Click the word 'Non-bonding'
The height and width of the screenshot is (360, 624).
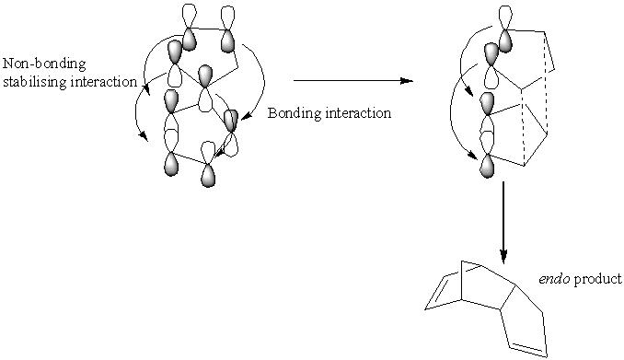coord(44,64)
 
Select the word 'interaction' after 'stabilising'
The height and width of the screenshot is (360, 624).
coord(104,82)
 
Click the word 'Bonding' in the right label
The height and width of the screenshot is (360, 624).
coord(295,113)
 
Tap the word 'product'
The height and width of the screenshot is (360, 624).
coord(597,280)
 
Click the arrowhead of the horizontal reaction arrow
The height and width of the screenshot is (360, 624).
coord(407,81)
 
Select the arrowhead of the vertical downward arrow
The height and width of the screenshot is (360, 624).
coord(503,257)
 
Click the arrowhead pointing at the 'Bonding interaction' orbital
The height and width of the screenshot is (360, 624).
coord(247,116)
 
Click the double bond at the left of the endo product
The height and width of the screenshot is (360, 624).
coord(437,290)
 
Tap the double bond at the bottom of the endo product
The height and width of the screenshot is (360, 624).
coord(528,348)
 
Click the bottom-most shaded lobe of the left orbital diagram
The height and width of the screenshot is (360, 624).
coord(208,176)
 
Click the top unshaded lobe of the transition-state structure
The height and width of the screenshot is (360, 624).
coord(505,17)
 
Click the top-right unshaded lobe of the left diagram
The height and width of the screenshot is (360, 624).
coord(227,17)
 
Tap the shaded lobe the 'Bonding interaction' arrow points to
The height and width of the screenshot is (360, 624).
coord(231,121)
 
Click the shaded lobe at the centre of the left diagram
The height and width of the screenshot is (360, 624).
coord(205,76)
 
